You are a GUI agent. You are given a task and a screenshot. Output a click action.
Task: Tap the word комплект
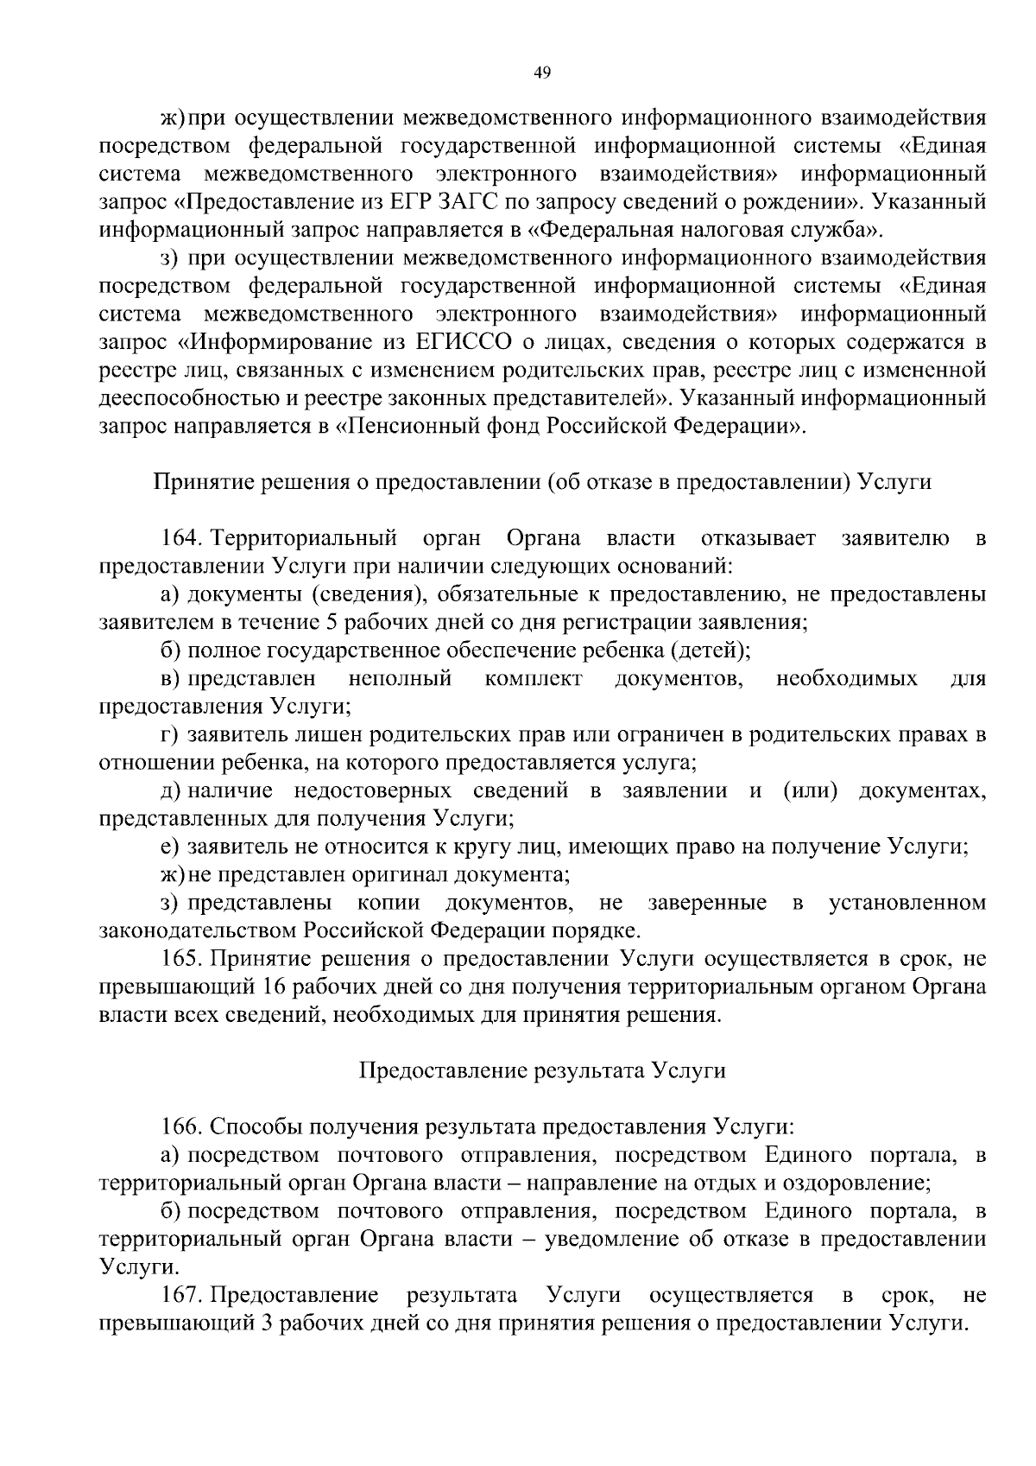(x=533, y=679)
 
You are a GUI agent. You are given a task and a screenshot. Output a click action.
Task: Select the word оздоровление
(x=851, y=1183)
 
